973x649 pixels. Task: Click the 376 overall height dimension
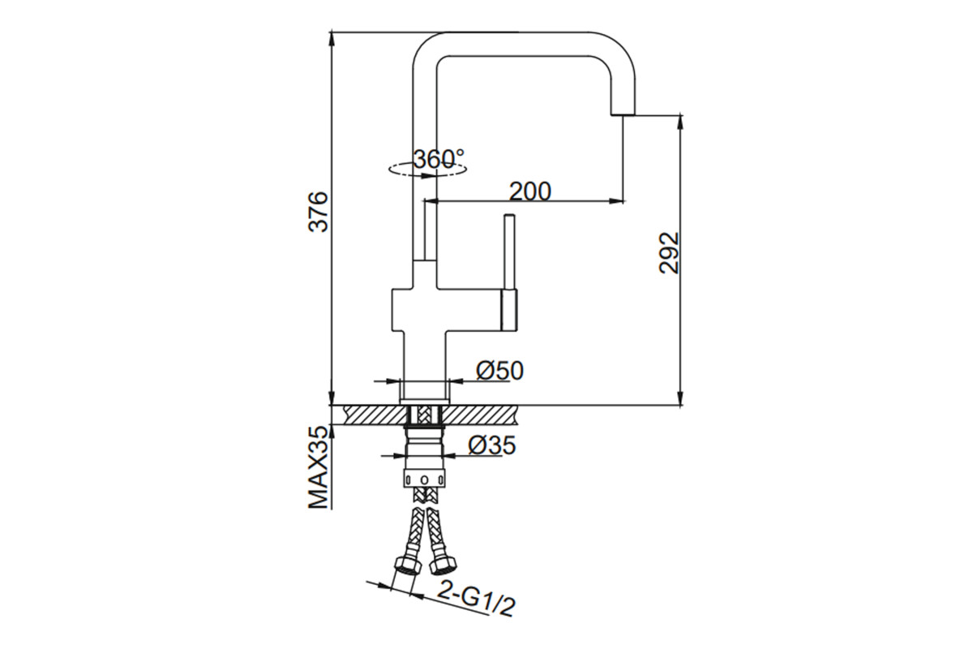click(318, 211)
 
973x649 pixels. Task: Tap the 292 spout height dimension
click(668, 252)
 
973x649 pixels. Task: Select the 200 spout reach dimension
click(530, 191)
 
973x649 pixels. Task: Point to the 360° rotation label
click(439, 159)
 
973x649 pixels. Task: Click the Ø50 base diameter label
click(499, 371)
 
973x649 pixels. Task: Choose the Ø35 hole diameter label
click(492, 445)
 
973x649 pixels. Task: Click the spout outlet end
click(624, 114)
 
